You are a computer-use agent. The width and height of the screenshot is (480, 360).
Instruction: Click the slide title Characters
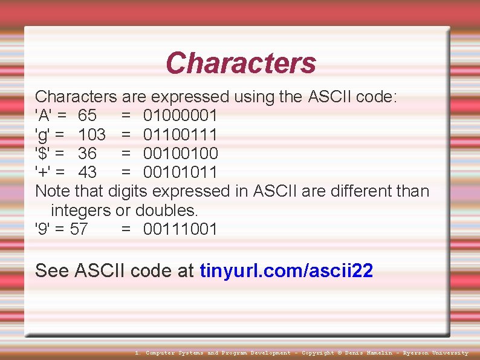241,63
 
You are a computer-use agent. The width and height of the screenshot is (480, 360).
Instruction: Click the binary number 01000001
180,116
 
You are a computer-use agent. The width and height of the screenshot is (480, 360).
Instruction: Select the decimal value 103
92,134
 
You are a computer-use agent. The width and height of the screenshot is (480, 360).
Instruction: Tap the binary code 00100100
180,153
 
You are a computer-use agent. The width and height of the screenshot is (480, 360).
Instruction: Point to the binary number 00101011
180,172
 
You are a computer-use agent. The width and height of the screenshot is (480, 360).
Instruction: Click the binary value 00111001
180,229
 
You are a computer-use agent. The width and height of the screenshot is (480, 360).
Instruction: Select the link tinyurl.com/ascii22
286,270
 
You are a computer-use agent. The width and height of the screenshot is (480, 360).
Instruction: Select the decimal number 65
87,116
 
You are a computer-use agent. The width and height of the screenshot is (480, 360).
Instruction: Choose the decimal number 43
87,172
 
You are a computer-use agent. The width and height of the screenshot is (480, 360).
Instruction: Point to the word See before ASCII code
52,270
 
